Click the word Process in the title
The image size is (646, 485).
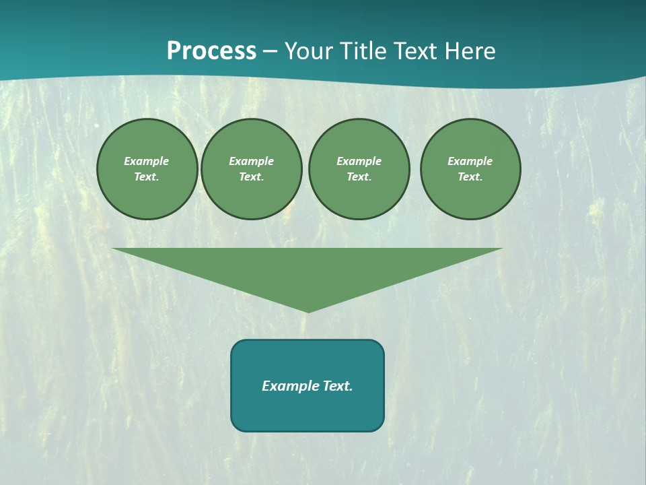click(x=211, y=51)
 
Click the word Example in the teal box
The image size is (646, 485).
click(x=290, y=386)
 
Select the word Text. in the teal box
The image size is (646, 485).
click(x=337, y=386)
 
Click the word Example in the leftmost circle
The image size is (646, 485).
click(x=147, y=161)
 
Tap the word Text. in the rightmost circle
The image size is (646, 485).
click(x=470, y=176)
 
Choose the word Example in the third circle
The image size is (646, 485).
click(x=359, y=161)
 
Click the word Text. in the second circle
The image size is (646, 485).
click(x=252, y=176)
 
